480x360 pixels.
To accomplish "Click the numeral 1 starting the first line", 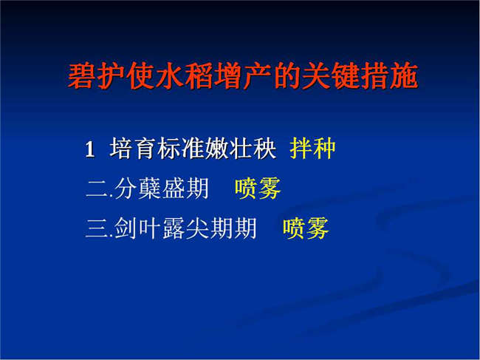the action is [x=89, y=149].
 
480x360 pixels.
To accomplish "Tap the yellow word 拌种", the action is [x=312, y=149].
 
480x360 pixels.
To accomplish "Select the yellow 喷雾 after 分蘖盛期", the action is [x=258, y=188].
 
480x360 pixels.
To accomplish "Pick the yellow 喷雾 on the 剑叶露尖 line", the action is [x=306, y=228].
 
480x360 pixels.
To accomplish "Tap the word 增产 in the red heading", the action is [x=243, y=76].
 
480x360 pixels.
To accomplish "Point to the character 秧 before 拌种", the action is [x=264, y=149].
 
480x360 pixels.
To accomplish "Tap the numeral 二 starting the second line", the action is [x=97, y=189].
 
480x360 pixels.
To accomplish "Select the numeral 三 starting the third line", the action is [x=97, y=228].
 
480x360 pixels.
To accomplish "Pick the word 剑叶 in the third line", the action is [x=138, y=228].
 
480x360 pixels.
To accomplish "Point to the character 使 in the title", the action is [x=140, y=76].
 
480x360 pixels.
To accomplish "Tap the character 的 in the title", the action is [x=287, y=76].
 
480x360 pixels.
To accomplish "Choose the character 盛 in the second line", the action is [x=174, y=188].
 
